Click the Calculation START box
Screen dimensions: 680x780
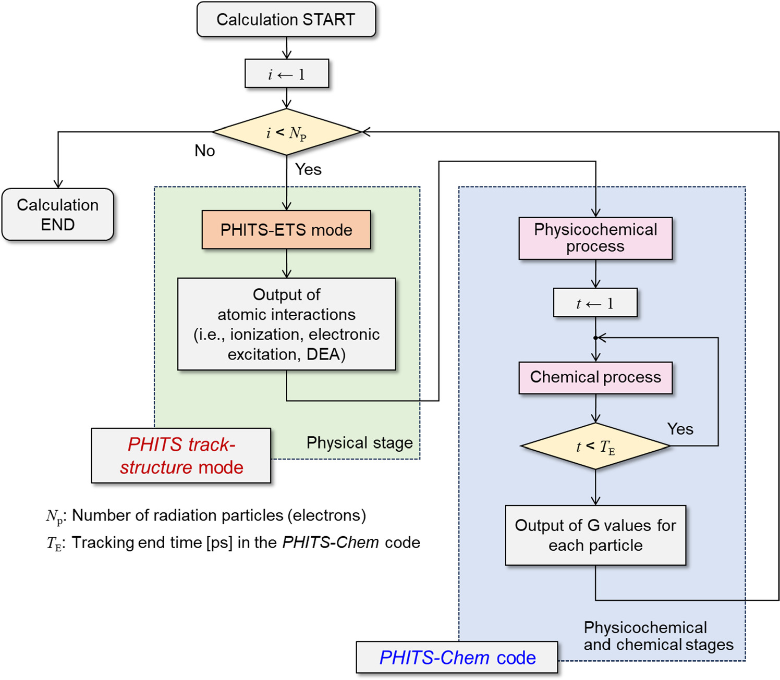pos(286,20)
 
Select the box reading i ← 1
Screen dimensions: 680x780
pos(286,74)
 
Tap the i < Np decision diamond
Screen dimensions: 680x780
pos(286,132)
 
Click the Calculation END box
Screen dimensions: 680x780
pos(58,214)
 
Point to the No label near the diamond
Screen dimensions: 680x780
pos(204,151)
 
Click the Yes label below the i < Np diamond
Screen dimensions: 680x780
pos(308,169)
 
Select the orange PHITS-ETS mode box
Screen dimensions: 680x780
pos(286,230)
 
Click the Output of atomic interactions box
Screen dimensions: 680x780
pos(286,324)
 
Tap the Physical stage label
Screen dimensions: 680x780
pos(359,442)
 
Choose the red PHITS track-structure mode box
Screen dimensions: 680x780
pos(181,455)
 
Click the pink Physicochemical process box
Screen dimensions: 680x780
pos(595,238)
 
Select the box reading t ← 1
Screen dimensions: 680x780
pos(595,303)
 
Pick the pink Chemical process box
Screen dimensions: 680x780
pos(595,377)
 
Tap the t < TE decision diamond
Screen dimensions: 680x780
pos(595,446)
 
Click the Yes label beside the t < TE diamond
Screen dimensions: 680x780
pos(680,429)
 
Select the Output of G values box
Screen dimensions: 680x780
pos(595,535)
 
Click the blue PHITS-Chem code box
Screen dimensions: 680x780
pos(457,658)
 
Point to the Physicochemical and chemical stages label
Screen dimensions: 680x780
pos(658,636)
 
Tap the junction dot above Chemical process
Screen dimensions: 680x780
pos(595,338)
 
